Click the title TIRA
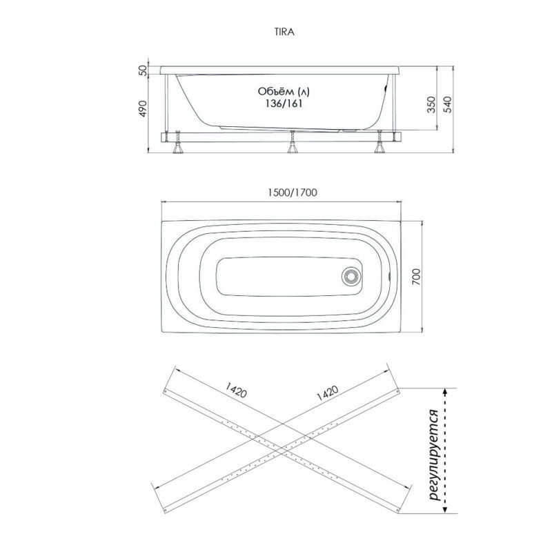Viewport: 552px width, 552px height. click(x=284, y=32)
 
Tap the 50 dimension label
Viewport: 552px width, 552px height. click(x=143, y=70)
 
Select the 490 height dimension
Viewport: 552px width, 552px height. click(x=143, y=108)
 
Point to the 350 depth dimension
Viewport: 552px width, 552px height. click(x=431, y=105)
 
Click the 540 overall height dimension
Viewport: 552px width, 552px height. click(x=447, y=105)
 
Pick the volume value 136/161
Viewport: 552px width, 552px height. click(x=284, y=104)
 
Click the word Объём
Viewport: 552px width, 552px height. click(x=275, y=92)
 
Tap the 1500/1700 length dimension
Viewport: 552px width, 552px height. click(x=292, y=193)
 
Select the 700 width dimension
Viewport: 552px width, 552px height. click(x=416, y=277)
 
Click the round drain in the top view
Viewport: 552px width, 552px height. click(x=351, y=275)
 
